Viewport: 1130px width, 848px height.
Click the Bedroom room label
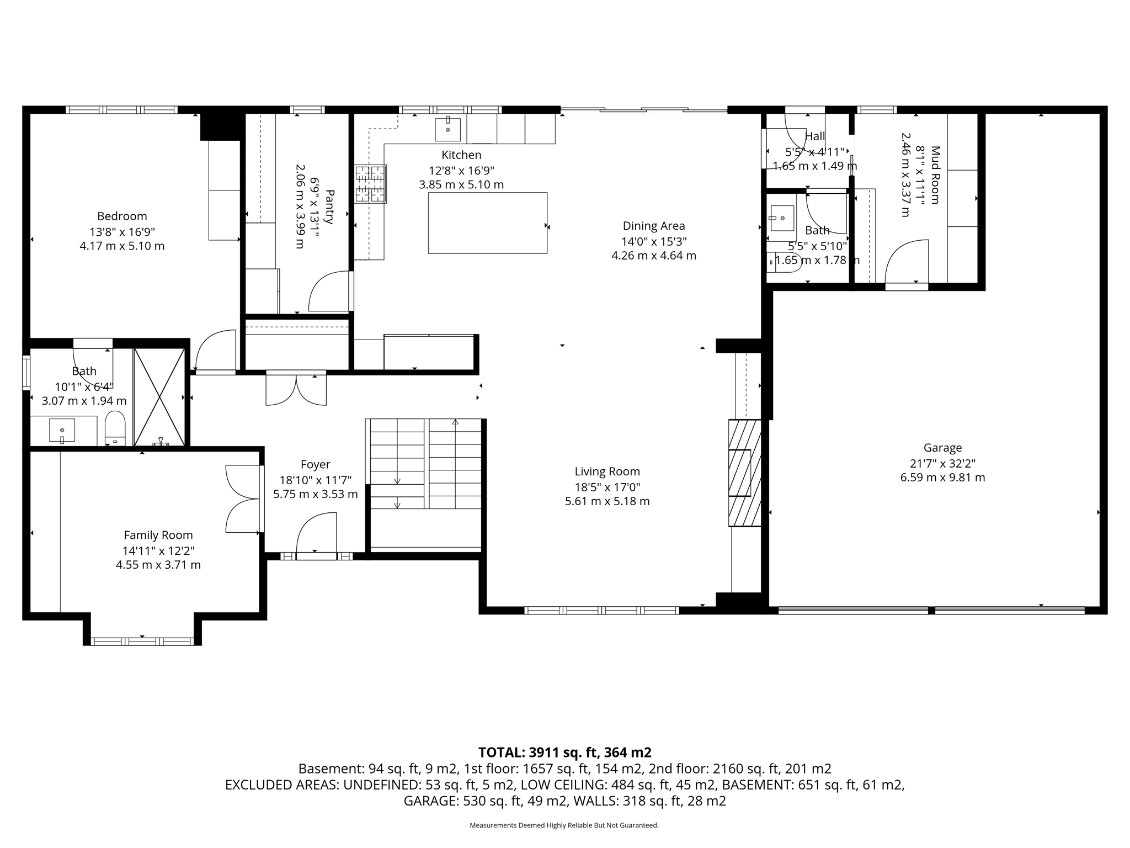coord(122,216)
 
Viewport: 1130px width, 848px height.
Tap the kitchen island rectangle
coord(488,223)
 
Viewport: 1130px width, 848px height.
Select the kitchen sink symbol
coord(447,130)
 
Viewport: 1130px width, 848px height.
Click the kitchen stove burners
coord(370,184)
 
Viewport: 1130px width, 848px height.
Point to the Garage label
coord(942,448)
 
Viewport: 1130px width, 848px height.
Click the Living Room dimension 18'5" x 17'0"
coord(607,487)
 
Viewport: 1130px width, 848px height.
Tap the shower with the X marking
coord(159,396)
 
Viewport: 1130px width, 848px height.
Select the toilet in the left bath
coord(115,428)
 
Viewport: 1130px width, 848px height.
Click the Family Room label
coord(158,535)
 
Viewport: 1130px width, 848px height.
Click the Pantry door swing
coord(330,291)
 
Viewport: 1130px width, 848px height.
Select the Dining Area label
coord(654,226)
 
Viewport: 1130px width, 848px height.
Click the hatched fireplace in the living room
coord(744,473)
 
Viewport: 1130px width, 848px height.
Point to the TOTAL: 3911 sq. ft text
coord(564,752)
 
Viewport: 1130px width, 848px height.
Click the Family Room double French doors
coord(242,499)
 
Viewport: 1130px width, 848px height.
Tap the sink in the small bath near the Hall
coord(782,218)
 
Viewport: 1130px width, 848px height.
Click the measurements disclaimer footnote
coord(564,825)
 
